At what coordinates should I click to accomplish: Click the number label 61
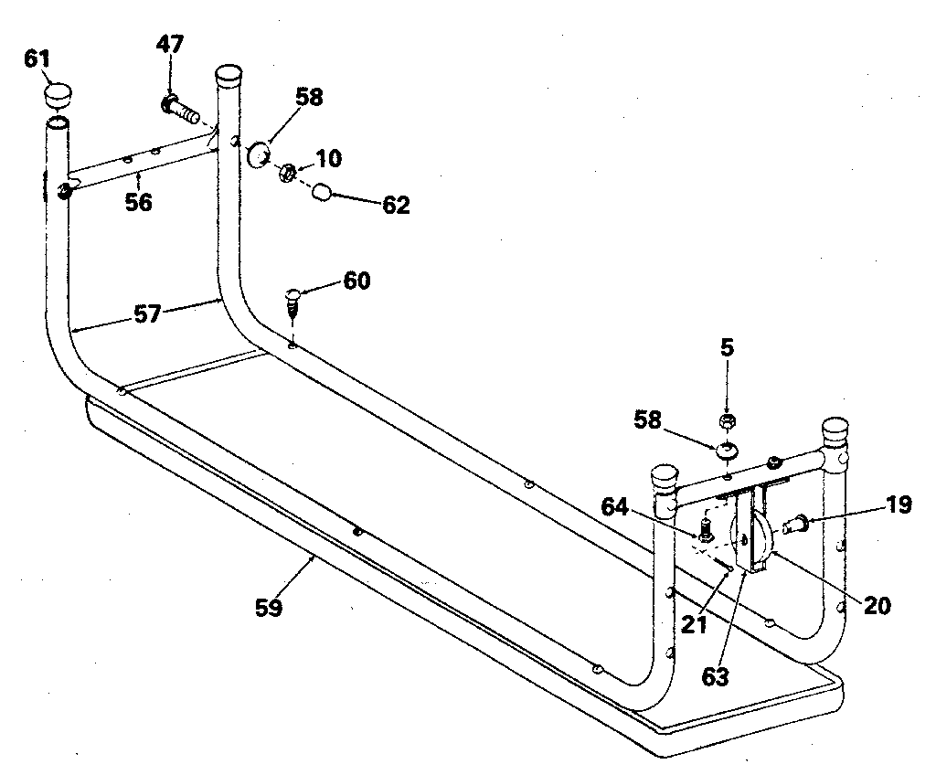(x=37, y=60)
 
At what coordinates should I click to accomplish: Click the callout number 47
(x=170, y=43)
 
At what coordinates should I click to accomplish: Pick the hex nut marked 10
(x=287, y=170)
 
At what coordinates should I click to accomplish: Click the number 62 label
(x=396, y=205)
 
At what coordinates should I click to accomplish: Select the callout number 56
(x=138, y=202)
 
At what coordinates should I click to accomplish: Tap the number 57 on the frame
(x=147, y=315)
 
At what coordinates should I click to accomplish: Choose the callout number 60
(x=356, y=281)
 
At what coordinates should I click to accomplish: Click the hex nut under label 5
(x=728, y=421)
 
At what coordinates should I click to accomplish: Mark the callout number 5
(x=728, y=347)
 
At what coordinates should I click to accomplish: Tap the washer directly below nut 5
(x=728, y=450)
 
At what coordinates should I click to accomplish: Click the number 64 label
(x=616, y=504)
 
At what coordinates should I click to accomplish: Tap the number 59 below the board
(x=269, y=606)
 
